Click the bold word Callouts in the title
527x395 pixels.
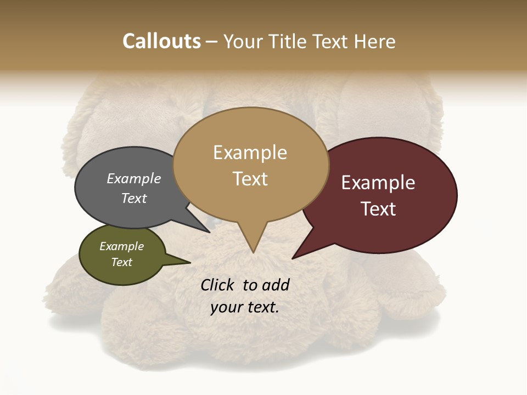[x=161, y=41]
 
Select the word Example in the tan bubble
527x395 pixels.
[x=250, y=153]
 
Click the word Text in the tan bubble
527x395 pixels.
[x=250, y=179]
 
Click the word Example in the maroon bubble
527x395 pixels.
[x=378, y=183]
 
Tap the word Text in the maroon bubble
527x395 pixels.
[x=378, y=209]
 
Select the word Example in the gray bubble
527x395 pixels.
[x=134, y=179]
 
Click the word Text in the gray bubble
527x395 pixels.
[x=134, y=198]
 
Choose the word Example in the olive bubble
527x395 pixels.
[x=122, y=246]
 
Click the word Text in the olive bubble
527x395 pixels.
[x=122, y=262]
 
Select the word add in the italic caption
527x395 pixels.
[x=276, y=285]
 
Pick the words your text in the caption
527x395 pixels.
[x=244, y=307]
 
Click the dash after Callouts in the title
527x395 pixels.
[x=212, y=42]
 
